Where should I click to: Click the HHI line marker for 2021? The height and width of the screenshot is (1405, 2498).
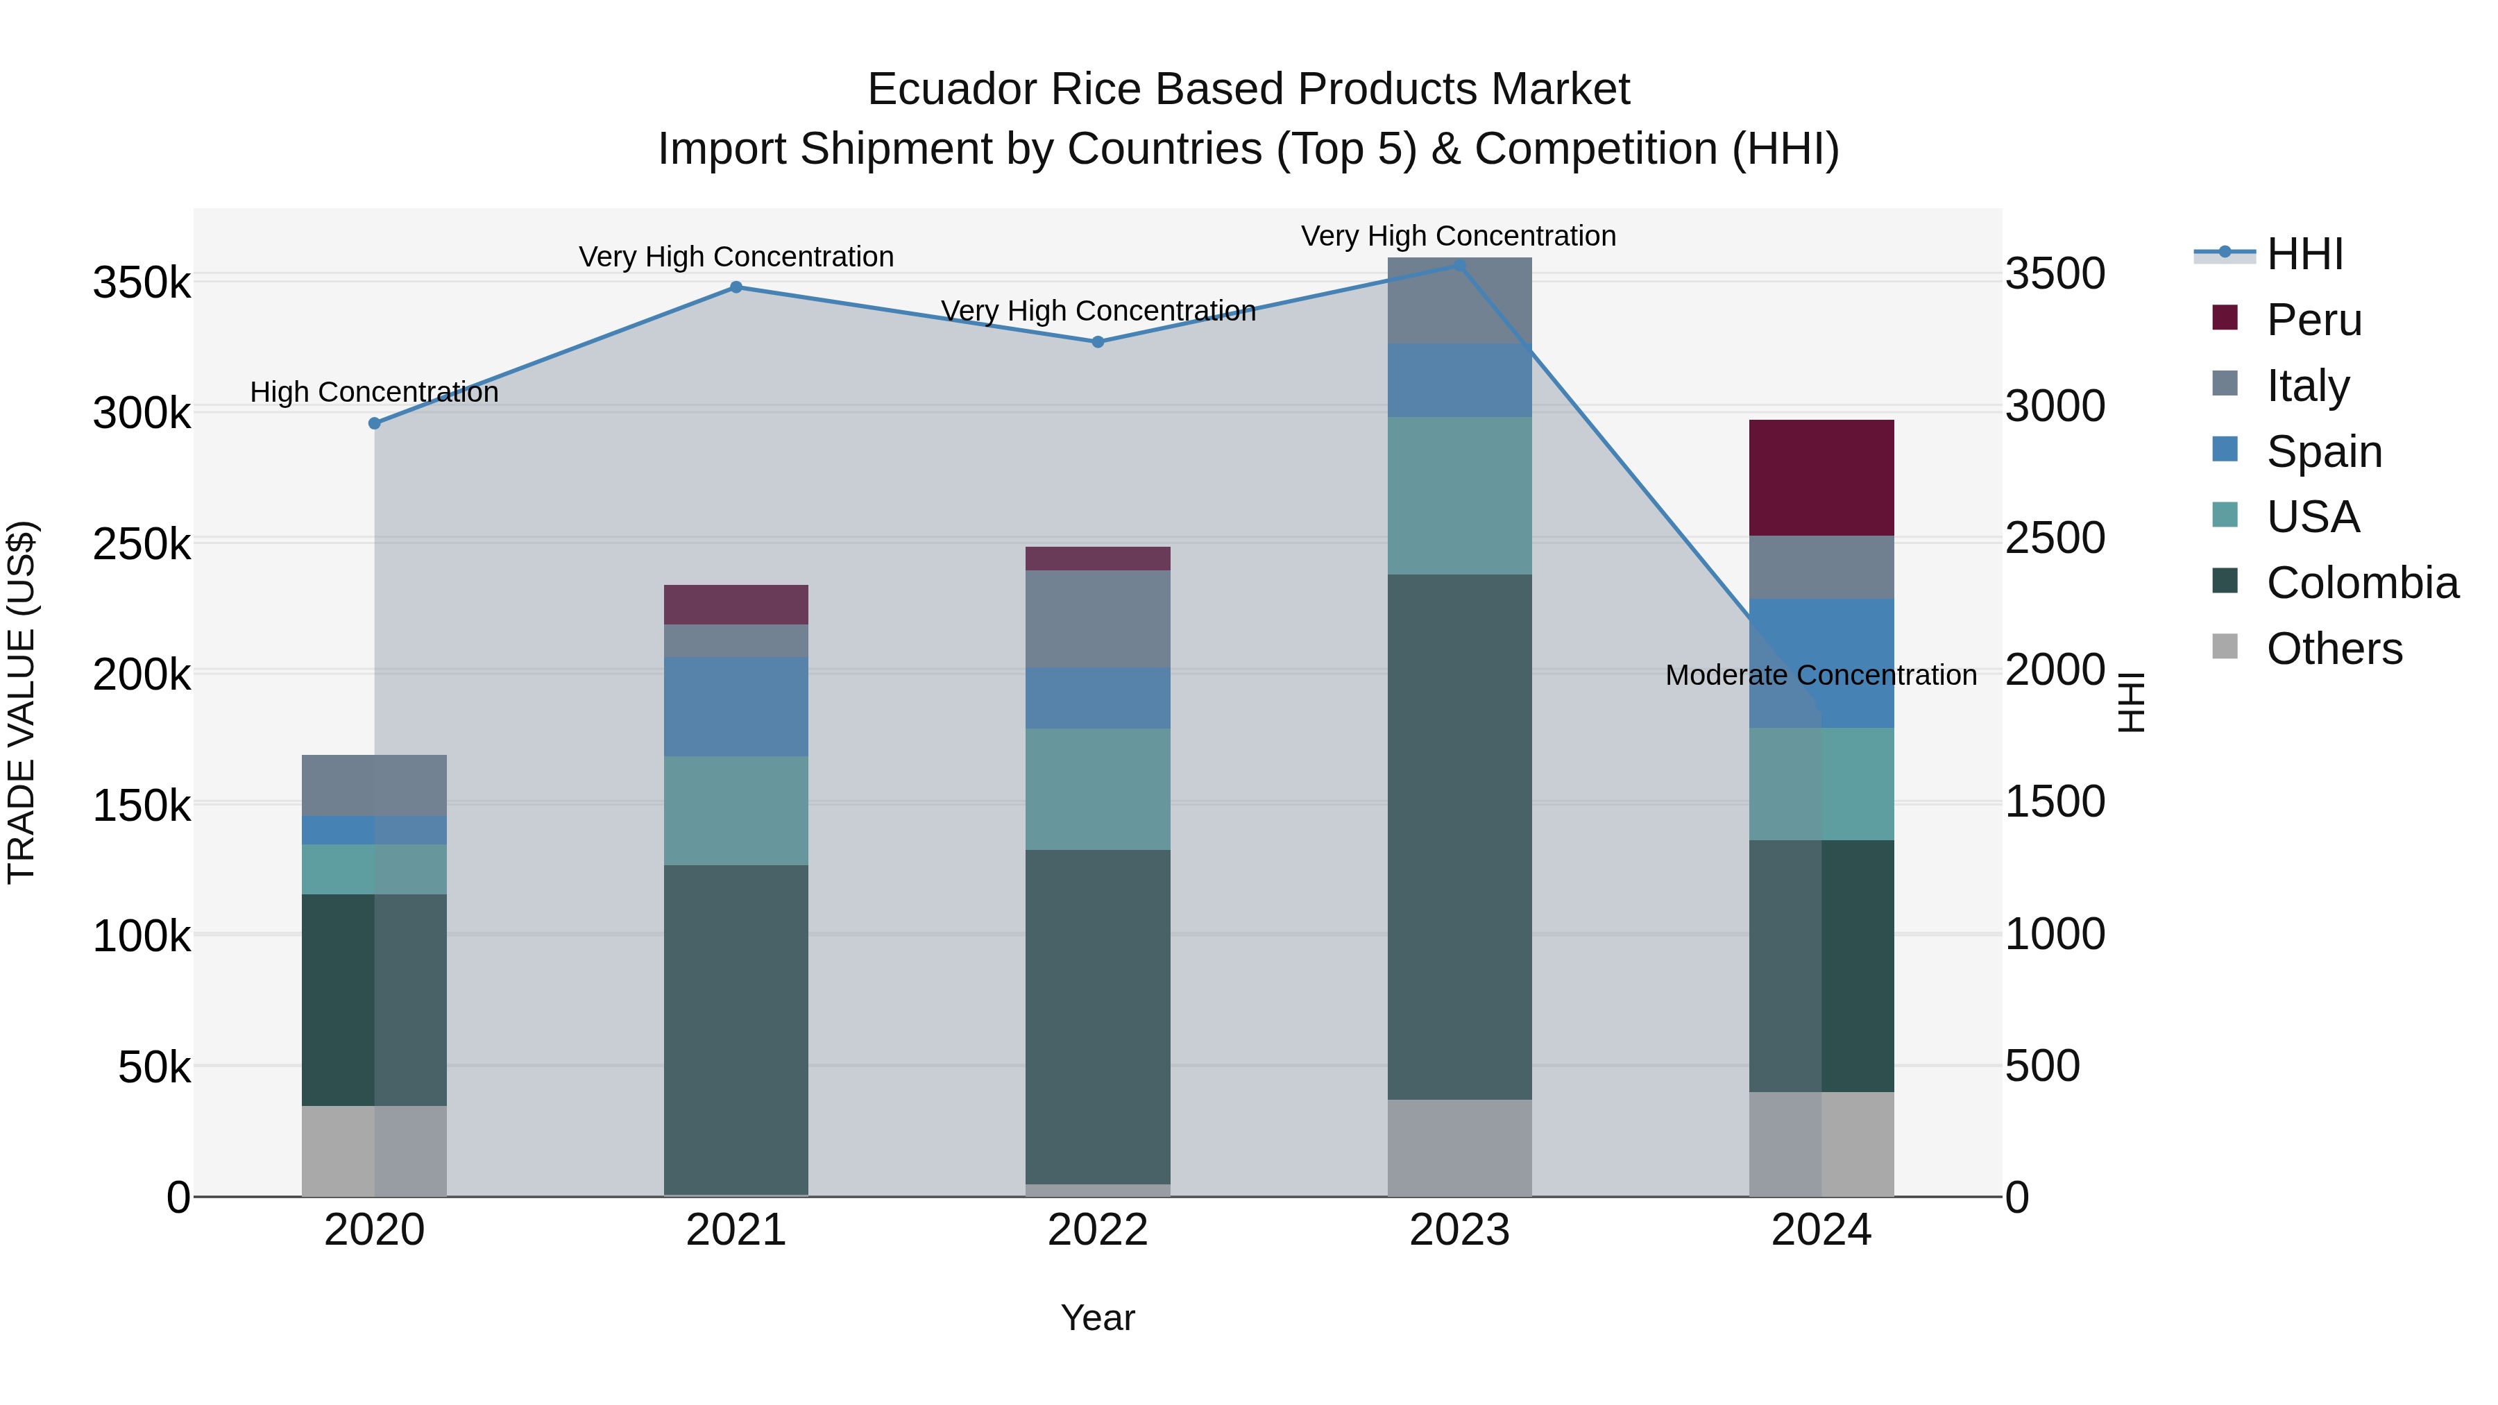point(736,287)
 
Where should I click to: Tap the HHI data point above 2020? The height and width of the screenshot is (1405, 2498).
point(374,424)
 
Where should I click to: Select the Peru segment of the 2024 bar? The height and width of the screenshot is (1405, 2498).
point(1821,477)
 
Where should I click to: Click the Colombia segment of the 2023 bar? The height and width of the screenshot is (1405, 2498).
point(1459,836)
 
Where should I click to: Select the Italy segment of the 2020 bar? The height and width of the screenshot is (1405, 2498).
point(374,785)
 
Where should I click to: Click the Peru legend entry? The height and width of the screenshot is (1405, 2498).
point(2313,320)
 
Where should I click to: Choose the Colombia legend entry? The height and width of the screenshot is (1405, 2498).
point(2361,583)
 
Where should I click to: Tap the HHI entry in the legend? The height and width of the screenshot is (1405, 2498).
point(2303,254)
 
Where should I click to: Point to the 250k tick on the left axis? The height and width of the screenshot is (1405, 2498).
point(142,544)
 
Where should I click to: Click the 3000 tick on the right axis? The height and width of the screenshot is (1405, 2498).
point(2055,407)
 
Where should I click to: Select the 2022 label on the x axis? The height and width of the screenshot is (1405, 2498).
point(1098,1230)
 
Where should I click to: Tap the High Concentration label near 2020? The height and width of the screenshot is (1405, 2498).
point(374,392)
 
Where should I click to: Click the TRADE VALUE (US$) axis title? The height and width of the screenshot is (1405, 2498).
point(22,702)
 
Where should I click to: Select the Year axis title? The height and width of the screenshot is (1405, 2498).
point(1098,1318)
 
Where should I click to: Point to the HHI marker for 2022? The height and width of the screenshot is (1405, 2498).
point(1098,342)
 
